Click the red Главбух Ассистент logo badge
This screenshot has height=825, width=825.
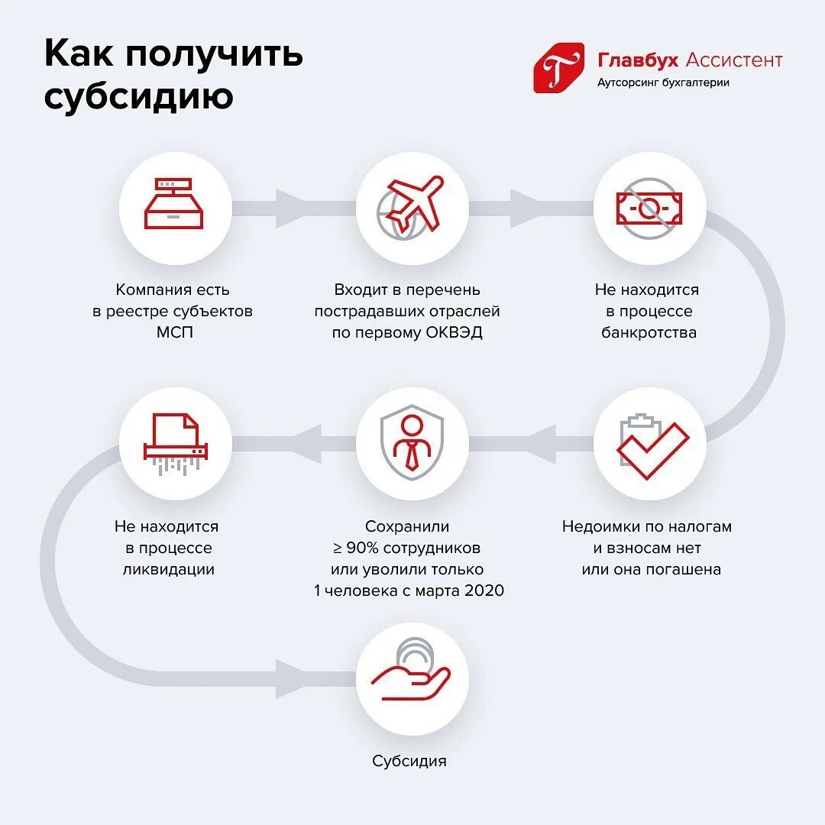(558, 68)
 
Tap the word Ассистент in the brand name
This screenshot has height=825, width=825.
(734, 60)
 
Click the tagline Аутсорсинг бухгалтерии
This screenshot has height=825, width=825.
(662, 82)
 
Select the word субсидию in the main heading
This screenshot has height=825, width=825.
(138, 97)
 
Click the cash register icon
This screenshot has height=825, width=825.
(175, 204)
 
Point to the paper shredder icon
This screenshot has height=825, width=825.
(175, 444)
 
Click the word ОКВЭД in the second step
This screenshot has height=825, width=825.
(455, 333)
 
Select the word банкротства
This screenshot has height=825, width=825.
(649, 333)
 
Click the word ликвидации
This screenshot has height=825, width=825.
(168, 569)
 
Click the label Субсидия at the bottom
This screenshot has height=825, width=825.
(409, 761)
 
